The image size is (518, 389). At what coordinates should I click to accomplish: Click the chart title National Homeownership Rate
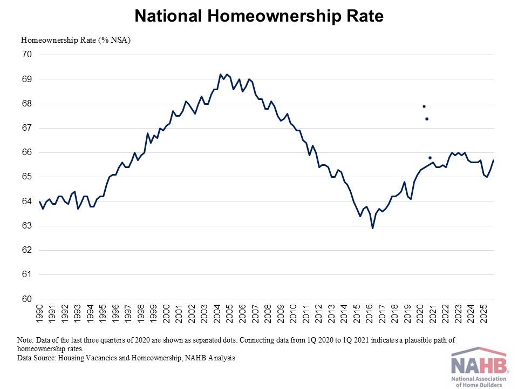click(x=259, y=16)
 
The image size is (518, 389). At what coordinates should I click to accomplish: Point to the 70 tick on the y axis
click(x=27, y=55)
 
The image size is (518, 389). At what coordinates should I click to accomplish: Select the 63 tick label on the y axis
click(x=27, y=226)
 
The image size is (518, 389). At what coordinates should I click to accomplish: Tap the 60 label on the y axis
click(x=27, y=299)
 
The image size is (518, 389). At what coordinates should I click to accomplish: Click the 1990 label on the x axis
click(x=40, y=313)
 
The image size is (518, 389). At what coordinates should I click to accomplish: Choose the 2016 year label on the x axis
click(x=369, y=313)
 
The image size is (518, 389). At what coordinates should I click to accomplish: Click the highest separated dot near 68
click(x=424, y=106)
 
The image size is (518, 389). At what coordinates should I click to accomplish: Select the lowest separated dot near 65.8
click(x=430, y=158)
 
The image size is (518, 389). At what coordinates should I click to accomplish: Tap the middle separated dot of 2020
click(x=427, y=119)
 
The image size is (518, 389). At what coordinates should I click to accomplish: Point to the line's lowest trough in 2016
click(x=373, y=228)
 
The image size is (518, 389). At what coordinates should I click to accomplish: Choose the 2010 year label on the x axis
click(x=293, y=313)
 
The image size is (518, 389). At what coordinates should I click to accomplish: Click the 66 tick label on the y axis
click(x=27, y=152)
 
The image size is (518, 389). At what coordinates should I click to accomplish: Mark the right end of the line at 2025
click(x=494, y=160)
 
